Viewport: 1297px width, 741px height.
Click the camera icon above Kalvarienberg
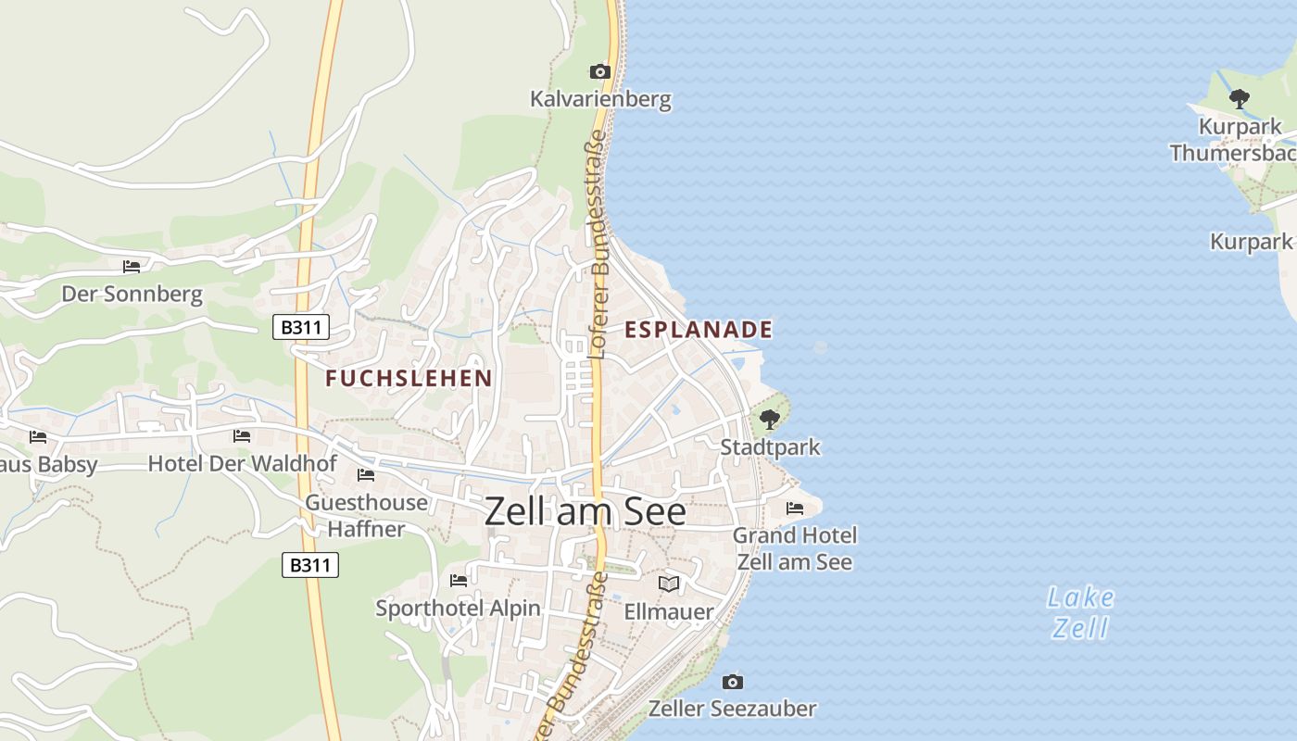[599, 71]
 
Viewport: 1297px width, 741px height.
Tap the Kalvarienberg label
[600, 99]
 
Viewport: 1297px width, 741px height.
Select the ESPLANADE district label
[699, 330]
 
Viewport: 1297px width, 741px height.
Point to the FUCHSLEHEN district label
[409, 378]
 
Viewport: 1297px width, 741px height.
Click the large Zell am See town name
[586, 511]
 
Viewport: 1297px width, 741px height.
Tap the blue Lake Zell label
[1081, 612]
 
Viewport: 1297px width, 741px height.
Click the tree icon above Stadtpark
[769, 420]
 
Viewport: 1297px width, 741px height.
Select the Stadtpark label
[771, 447]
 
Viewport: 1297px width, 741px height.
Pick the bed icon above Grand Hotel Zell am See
[794, 509]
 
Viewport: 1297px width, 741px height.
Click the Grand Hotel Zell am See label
[795, 548]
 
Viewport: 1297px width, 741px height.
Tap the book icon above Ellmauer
[669, 584]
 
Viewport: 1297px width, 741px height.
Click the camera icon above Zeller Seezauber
[733, 682]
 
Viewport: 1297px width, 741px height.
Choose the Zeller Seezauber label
[732, 710]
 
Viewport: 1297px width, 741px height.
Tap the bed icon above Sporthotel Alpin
[459, 581]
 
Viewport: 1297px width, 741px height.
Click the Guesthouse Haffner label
[367, 516]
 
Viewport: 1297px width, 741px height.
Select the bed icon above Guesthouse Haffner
[366, 475]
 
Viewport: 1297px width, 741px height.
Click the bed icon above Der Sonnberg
[132, 267]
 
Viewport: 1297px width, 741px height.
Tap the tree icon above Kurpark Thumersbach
[1239, 98]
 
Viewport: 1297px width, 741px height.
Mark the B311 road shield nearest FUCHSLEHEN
[301, 327]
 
